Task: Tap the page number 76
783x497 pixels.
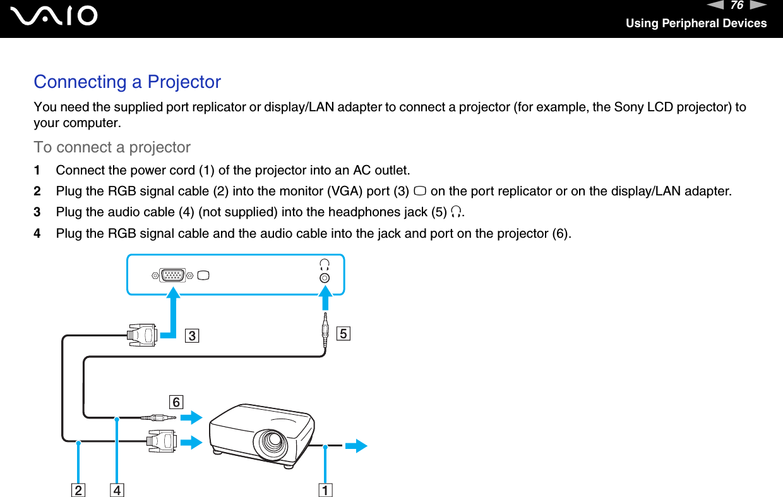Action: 736,6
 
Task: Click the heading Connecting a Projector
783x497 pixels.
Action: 127,82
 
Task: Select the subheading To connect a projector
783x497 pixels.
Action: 112,147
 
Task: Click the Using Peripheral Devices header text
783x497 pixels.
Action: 696,23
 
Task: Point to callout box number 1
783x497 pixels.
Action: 325,489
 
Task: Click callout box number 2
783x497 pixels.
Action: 78,489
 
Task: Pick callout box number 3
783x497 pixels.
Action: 191,335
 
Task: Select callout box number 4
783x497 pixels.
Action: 116,489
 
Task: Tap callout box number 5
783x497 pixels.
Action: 343,333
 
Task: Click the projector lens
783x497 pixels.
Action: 272,443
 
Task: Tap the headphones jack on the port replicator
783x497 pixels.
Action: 325,278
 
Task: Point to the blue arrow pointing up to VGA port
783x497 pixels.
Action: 172,310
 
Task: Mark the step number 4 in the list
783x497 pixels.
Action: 37,234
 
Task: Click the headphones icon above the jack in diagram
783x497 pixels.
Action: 325,264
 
